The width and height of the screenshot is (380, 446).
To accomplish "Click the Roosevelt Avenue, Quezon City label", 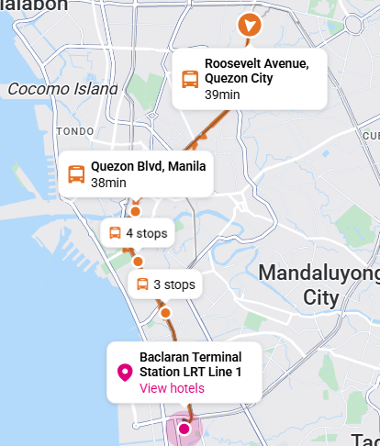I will [x=256, y=71].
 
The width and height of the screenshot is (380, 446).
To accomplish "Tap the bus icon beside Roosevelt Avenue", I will [x=190, y=79].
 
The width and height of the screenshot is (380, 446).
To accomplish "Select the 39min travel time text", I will [x=221, y=95].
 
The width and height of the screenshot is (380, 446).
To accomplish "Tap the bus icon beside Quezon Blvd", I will [x=76, y=173].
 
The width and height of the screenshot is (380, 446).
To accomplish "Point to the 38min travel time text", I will [x=108, y=183].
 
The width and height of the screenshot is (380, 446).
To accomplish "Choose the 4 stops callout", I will [x=139, y=233].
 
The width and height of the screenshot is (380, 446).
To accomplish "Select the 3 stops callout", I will [x=165, y=284].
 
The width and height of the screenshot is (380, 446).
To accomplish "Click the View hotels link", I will [x=172, y=388].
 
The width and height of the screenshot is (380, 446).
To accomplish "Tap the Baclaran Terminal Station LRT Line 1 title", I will [x=190, y=364].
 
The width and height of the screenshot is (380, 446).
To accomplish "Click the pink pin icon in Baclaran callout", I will [x=125, y=372].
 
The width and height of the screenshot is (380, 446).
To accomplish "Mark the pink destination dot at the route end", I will [x=184, y=429].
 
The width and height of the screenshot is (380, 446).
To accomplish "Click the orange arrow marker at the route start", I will [x=248, y=25].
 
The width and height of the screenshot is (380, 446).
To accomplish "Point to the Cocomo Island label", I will [x=62, y=89].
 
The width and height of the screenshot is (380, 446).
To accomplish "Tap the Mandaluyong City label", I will [x=319, y=284].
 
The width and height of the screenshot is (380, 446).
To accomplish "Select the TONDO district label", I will [x=75, y=131].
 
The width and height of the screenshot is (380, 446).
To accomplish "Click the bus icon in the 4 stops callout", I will [x=116, y=233].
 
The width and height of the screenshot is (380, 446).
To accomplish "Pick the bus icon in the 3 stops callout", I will [x=142, y=284].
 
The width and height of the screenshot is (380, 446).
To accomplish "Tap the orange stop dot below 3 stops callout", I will [x=165, y=313].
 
